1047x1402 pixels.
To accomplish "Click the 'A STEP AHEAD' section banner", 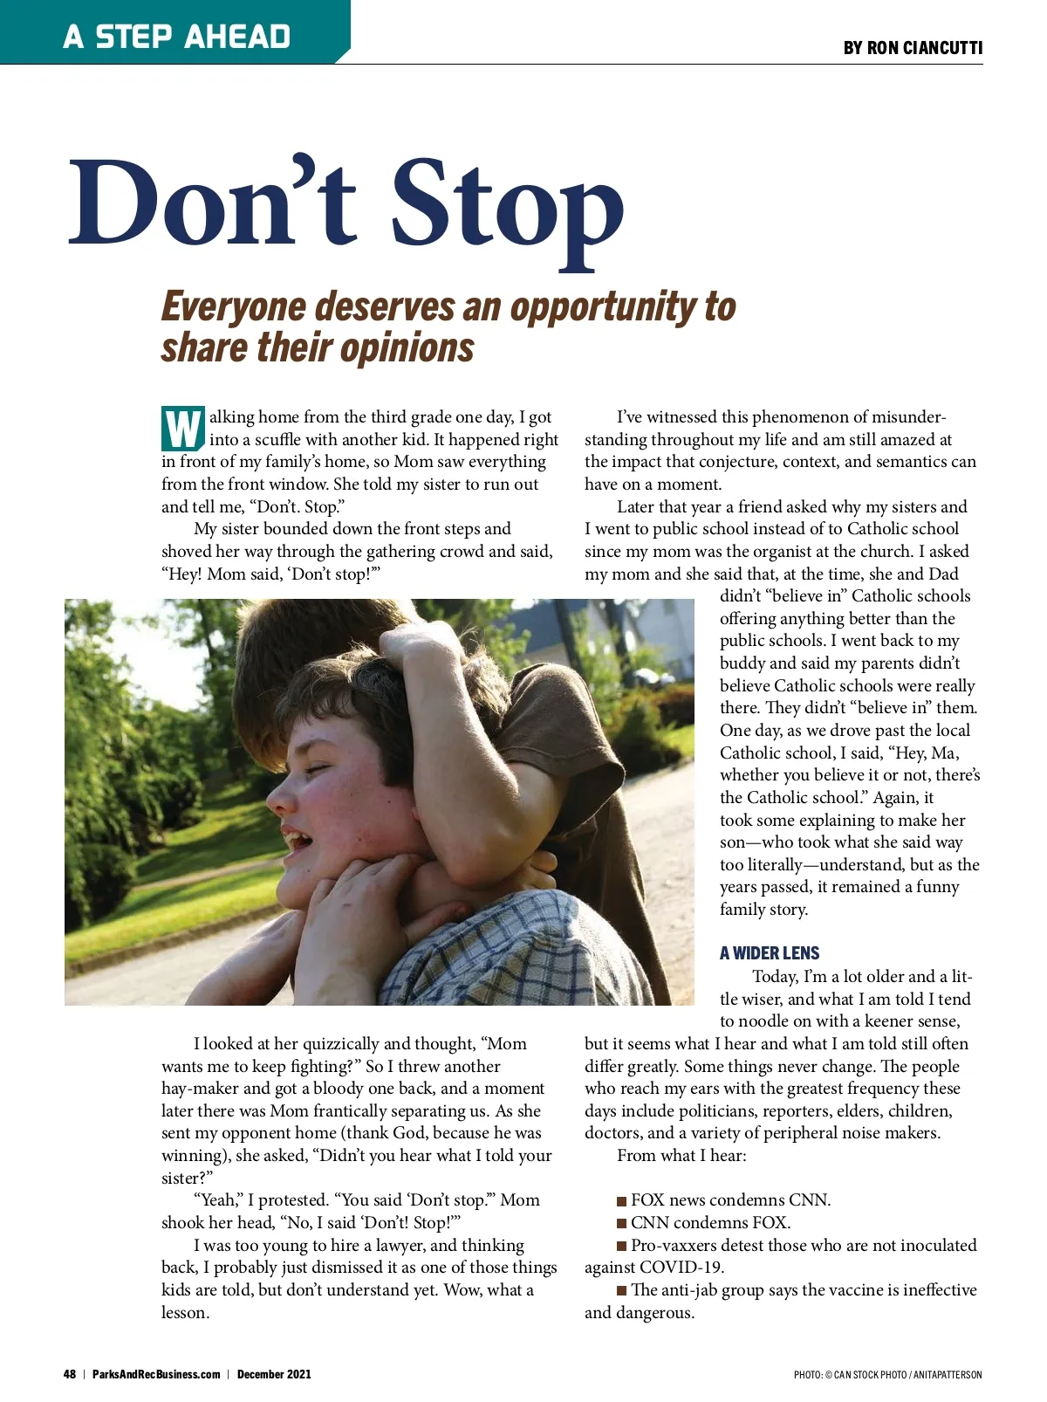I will (176, 36).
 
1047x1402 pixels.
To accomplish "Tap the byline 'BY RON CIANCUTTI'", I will (913, 48).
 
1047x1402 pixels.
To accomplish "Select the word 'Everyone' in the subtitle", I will (233, 307).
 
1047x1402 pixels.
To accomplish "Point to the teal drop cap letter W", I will (183, 428).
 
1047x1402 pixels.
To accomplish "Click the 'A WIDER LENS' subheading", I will (770, 953).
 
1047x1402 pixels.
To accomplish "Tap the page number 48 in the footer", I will (70, 1374).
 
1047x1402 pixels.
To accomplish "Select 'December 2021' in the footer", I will (274, 1374).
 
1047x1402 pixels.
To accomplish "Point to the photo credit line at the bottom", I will (887, 1375).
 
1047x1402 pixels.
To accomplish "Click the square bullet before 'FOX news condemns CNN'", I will (622, 1201).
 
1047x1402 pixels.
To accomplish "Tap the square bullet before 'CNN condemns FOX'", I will (622, 1224).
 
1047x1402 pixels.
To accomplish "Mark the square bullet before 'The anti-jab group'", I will (622, 1291).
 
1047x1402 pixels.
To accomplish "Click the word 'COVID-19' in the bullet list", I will (681, 1268).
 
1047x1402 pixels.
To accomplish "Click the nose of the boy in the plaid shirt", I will (278, 795).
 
